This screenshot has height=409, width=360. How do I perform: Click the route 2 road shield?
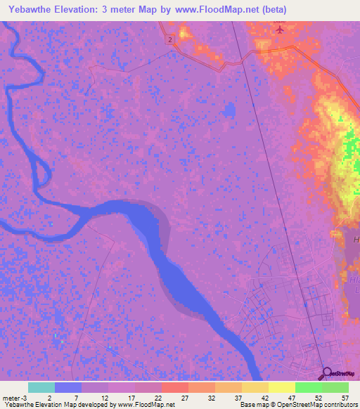click(x=170, y=40)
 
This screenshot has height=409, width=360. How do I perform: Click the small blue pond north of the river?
click(x=229, y=111)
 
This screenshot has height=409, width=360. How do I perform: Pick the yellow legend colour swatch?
click(x=282, y=387)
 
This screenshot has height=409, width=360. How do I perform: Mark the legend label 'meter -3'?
click(x=15, y=398)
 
